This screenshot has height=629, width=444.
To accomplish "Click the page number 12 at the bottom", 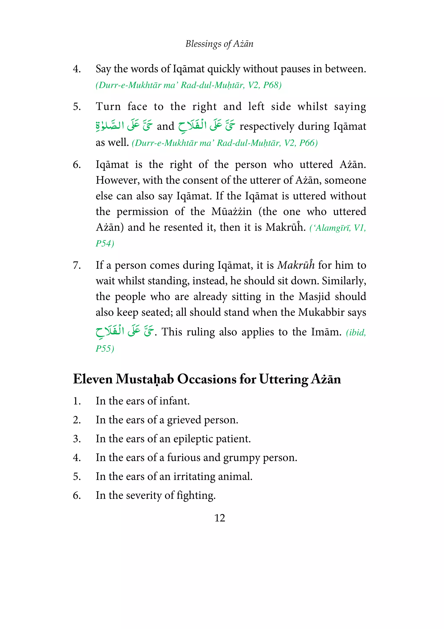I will [219, 518].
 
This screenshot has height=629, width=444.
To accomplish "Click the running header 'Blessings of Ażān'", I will [219, 44].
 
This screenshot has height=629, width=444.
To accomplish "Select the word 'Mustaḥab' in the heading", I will [145, 379].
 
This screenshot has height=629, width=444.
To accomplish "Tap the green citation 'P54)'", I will [105, 243].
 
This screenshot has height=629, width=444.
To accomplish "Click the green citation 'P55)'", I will [105, 348].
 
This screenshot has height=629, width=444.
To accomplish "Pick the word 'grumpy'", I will [241, 458].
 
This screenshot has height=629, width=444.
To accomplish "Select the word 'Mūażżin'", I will [232, 211].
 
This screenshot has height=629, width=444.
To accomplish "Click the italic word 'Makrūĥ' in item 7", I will [296, 265].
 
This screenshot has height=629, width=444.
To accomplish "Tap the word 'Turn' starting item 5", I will [108, 107].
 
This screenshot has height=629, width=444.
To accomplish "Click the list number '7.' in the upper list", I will [77, 265].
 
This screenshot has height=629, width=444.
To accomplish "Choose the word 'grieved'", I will [184, 420].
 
